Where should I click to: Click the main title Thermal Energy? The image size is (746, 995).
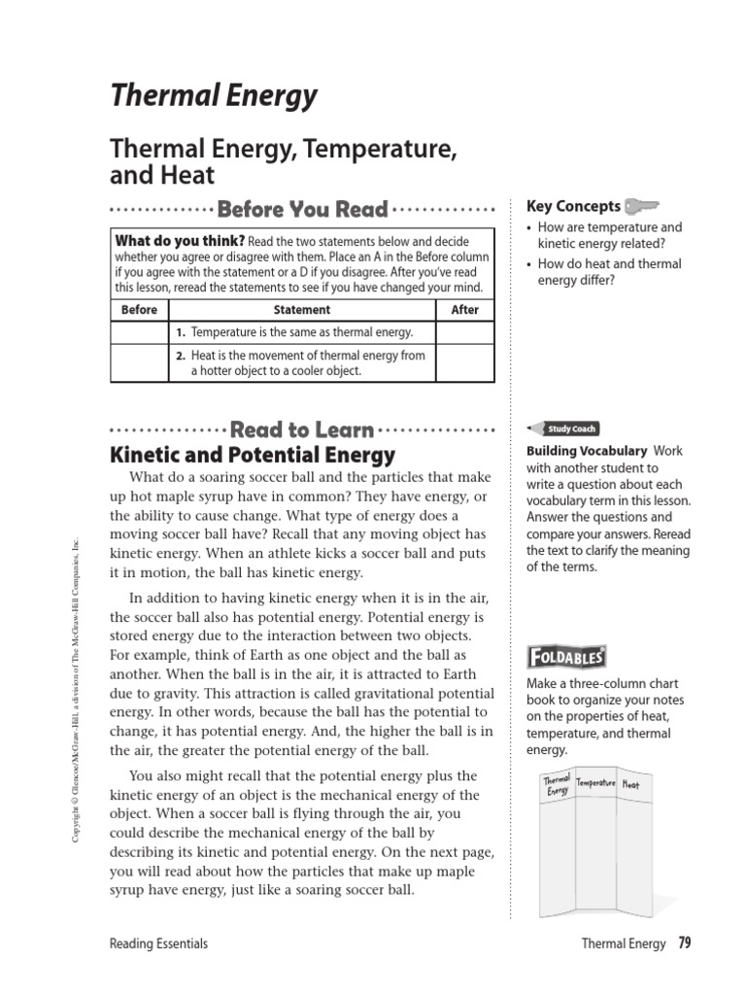coord(215,95)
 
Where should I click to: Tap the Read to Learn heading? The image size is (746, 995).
coord(302,429)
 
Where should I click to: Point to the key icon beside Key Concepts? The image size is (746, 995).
coord(642,206)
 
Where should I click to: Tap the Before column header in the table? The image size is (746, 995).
coord(139,310)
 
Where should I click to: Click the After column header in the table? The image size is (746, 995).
coord(465,310)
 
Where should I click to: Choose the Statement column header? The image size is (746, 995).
coord(302,310)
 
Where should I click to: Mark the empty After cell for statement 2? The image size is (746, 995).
coord(465,362)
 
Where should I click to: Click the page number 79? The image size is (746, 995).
coord(684,943)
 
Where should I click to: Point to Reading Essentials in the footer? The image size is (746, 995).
coord(159,944)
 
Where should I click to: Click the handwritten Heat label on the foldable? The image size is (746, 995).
coord(630,784)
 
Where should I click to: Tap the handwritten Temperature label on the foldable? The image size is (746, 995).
coord(596,782)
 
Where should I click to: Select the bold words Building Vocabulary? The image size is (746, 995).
coord(587,451)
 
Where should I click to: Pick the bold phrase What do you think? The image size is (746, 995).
coord(180,241)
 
